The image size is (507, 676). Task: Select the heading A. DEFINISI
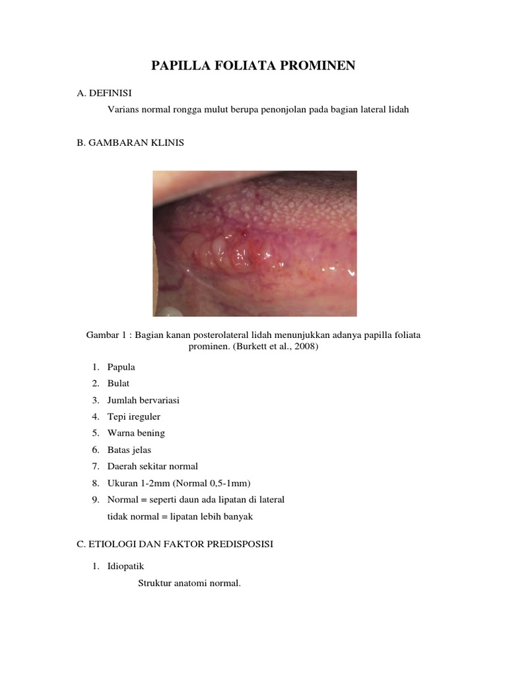pos(108,93)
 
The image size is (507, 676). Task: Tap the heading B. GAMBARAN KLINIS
pos(131,142)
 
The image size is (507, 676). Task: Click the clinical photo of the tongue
pos(255,243)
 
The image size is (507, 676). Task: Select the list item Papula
pos(121,367)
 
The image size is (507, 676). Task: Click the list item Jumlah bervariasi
pos(143,400)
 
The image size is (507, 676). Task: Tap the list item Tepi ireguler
pos(134,417)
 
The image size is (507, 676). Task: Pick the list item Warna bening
pos(136,433)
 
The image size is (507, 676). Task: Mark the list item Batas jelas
pos(129,450)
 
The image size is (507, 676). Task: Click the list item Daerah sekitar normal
pos(152,466)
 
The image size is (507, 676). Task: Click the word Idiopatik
pos(125,566)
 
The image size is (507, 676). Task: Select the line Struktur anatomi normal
pos(189,583)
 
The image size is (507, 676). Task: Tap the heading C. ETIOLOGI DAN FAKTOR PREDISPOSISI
pos(175,544)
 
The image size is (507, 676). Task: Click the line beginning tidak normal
pos(180,516)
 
